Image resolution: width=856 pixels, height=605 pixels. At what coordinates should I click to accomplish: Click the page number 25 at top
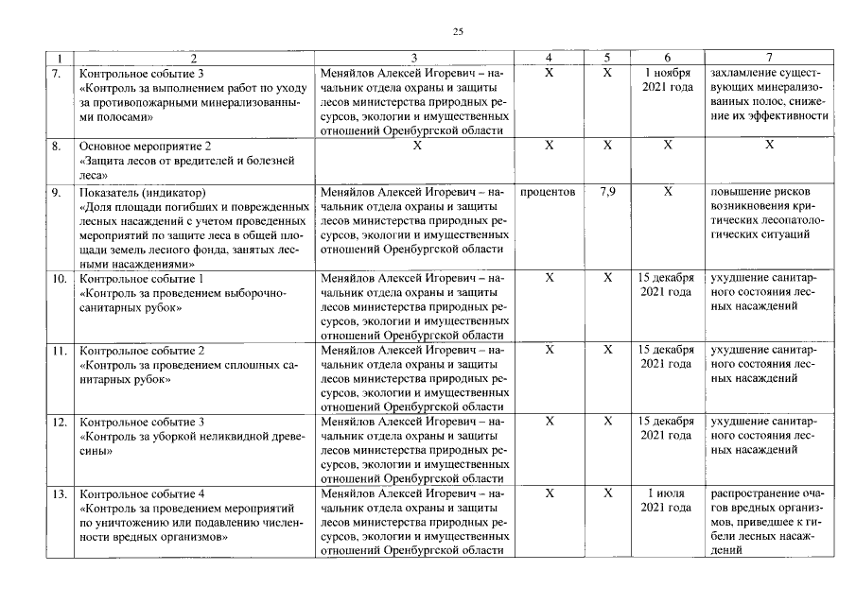[458, 32]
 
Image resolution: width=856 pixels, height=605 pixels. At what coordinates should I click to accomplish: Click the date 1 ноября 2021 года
[668, 79]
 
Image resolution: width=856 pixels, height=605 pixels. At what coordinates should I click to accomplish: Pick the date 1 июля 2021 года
[668, 501]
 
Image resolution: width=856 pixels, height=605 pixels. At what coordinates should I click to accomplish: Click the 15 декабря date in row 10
[668, 285]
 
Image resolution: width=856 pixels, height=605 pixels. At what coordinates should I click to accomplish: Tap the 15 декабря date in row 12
[668, 428]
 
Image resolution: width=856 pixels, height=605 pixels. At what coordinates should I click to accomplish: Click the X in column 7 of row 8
[769, 146]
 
